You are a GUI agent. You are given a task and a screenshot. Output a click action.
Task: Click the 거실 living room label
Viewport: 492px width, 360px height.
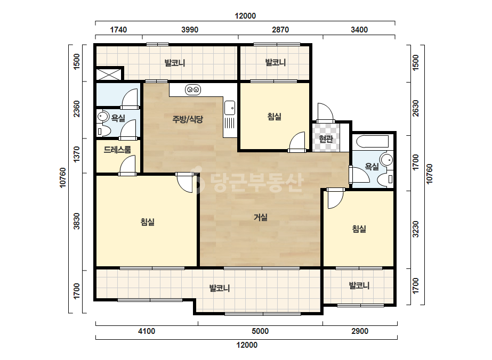261,217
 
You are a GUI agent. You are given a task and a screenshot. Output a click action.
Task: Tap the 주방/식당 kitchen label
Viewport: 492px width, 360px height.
188,119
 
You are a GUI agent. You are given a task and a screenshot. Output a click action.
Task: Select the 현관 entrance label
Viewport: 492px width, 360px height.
326,138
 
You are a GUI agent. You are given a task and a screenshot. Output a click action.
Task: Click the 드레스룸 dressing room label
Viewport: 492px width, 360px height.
117,150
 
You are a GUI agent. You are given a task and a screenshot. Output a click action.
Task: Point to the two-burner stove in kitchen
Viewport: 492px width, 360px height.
193,90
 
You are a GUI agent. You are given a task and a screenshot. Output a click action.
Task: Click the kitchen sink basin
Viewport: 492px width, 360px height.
230,108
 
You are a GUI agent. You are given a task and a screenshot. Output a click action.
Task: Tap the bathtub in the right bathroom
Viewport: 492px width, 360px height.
373,142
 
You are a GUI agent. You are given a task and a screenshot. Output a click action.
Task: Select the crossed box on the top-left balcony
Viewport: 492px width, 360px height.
109,73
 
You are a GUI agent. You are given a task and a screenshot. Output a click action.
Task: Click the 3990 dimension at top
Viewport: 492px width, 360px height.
190,30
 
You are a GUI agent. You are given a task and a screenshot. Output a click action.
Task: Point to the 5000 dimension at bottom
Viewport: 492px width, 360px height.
260,331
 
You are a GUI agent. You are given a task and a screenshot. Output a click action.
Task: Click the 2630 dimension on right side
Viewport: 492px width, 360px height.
415,108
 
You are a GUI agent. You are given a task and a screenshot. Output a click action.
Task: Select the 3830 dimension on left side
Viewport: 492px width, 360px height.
77,221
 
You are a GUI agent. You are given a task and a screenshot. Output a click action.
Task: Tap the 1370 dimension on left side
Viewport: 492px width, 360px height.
77,154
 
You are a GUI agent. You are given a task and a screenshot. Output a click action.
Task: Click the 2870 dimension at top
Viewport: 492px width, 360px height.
280,30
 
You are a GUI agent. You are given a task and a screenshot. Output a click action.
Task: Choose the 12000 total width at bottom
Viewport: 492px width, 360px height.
247,345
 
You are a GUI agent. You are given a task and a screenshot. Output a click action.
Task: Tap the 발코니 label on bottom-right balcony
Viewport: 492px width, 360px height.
359,285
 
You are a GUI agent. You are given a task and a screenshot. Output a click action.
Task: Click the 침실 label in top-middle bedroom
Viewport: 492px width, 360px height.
274,117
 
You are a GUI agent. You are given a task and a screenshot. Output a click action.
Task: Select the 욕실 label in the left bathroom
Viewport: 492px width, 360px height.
118,118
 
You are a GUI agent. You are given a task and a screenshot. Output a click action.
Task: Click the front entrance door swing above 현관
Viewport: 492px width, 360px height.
325,113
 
